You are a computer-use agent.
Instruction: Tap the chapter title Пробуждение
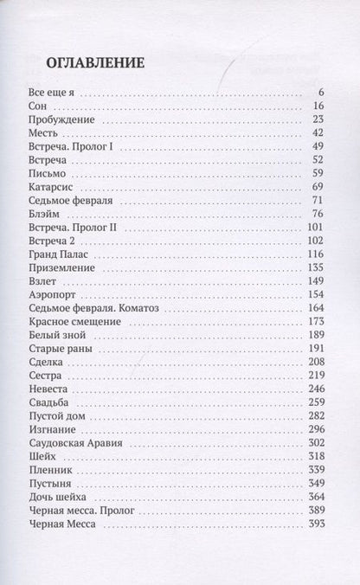57,119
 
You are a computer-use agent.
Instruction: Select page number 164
314,308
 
